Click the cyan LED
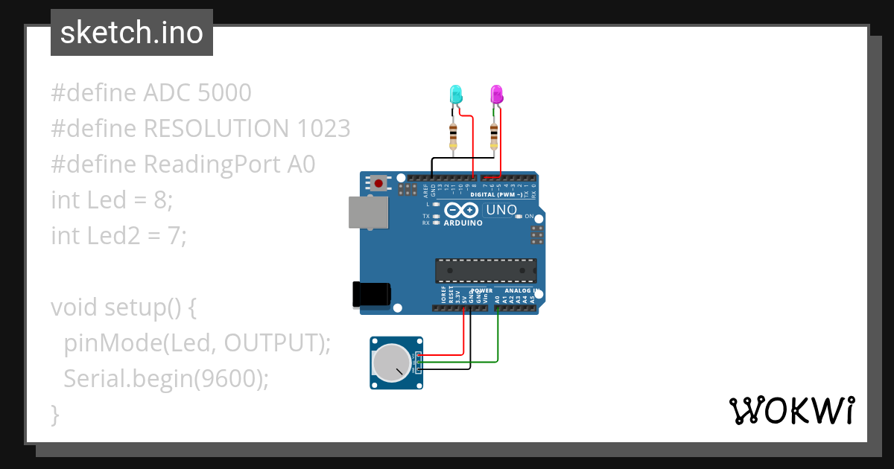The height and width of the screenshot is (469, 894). (x=455, y=95)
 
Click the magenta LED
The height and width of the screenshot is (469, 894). (x=496, y=95)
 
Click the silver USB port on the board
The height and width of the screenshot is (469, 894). (x=369, y=213)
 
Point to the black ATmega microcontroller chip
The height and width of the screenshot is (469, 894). (x=486, y=271)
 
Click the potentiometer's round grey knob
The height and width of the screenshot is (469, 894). (x=392, y=363)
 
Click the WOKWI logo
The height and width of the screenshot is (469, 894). (x=791, y=410)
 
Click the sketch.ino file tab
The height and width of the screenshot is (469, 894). (x=132, y=33)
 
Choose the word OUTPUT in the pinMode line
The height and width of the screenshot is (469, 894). (x=271, y=343)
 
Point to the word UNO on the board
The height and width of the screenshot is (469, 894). (x=501, y=210)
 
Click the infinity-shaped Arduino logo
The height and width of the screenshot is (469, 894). (x=462, y=211)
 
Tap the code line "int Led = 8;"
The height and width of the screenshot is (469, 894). (x=112, y=200)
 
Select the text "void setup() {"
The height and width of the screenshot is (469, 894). (x=123, y=307)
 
